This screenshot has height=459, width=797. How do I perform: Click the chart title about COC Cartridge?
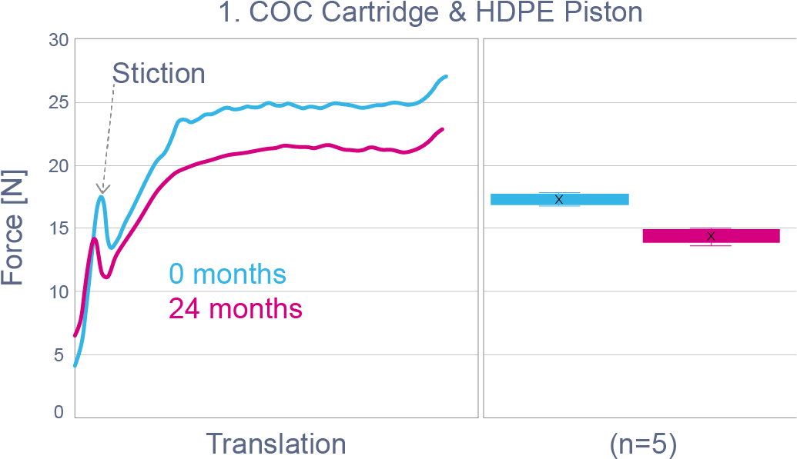click(430, 13)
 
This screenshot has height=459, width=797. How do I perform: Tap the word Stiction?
click(159, 74)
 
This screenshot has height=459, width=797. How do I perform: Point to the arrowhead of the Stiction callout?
click(102, 188)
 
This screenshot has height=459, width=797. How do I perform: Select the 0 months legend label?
click(227, 274)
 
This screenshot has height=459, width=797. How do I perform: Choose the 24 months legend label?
click(236, 309)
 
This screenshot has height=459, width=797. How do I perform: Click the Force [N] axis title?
click(13, 228)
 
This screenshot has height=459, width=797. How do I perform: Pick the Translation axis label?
click(276, 444)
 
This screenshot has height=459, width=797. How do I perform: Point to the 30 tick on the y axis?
click(59, 40)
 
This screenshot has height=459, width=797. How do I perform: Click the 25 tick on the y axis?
click(59, 103)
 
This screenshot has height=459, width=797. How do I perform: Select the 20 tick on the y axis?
click(59, 166)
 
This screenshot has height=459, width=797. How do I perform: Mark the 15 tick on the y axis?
click(59, 229)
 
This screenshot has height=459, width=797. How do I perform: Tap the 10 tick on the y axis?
click(59, 292)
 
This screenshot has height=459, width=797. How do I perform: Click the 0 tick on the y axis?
click(59, 414)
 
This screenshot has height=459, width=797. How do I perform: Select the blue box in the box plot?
click(560, 199)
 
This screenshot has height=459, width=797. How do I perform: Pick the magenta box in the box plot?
click(711, 235)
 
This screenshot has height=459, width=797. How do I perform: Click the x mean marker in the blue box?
click(559, 199)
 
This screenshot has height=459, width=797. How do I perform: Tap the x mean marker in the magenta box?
click(711, 235)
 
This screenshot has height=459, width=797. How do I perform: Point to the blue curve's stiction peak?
click(101, 196)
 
